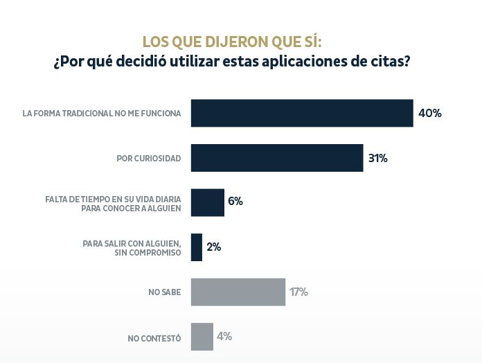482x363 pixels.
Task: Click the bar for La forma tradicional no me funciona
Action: [302, 113]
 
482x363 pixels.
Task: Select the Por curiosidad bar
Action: [277, 158]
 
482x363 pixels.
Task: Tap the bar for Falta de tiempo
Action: [207, 202]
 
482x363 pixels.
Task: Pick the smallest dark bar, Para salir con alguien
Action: [196, 247]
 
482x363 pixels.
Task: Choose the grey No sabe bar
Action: [238, 292]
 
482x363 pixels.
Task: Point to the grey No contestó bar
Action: [202, 337]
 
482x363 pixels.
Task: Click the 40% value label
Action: [430, 113]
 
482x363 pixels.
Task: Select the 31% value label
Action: [377, 158]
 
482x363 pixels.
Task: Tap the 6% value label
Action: [235, 202]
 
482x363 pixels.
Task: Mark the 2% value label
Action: [213, 247]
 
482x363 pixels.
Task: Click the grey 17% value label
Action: [298, 292]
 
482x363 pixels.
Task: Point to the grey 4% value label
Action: [224, 337]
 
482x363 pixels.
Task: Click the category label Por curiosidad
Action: [148, 159]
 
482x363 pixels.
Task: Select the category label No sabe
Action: [164, 292]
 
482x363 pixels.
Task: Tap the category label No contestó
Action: [154, 338]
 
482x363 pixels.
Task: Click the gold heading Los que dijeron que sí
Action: [232, 42]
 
